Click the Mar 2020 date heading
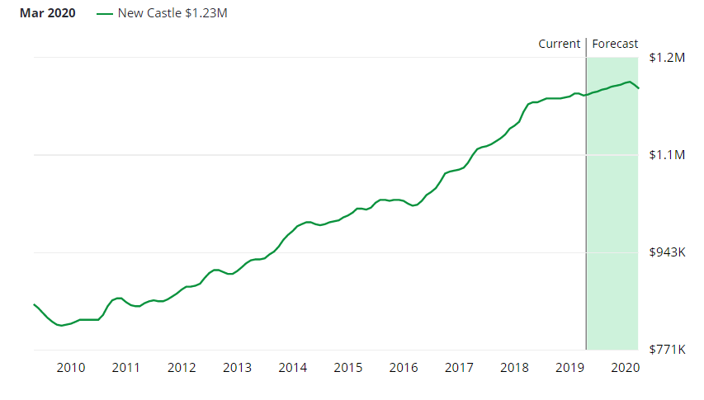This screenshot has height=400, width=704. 47,14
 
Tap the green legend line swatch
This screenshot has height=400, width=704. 105,14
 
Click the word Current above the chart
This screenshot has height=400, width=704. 559,44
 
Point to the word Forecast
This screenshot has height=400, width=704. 615,44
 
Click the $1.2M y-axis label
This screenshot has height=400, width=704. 668,58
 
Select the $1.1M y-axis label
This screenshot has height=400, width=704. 668,155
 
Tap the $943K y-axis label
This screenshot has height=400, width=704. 668,252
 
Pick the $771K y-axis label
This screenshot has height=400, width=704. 668,350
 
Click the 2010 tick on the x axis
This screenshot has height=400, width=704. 71,368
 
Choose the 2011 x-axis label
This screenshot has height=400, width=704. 126,368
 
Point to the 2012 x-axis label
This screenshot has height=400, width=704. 182,368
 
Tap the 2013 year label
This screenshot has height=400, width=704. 237,368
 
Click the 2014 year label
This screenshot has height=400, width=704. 293,368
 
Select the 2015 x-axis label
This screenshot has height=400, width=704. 348,368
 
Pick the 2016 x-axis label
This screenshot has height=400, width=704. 404,368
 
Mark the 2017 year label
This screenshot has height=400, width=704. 459,368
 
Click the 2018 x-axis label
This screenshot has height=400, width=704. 514,368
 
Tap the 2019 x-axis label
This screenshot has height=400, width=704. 570,368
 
